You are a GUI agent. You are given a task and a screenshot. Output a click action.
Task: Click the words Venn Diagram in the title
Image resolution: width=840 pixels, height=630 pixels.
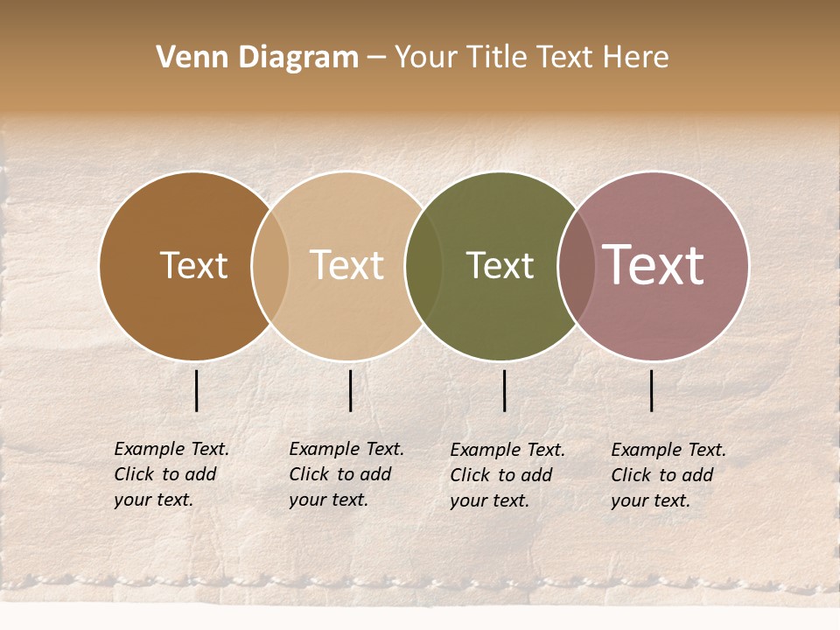coord(257,58)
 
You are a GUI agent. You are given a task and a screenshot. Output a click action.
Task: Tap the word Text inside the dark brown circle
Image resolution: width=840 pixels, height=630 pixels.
coord(193,265)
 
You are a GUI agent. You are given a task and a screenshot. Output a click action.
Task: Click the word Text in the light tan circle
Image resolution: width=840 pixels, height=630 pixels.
coord(346,265)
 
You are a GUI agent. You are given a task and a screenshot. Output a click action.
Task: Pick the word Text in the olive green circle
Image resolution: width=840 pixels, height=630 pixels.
coord(500,265)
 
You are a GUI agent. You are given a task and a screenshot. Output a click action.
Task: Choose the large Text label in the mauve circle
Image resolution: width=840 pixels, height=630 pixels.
coord(654,265)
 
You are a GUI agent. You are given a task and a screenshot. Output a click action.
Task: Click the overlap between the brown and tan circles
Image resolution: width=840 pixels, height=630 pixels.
coord(270,265)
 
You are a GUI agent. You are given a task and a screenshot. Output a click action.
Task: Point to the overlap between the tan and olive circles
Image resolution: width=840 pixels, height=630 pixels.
coord(423,265)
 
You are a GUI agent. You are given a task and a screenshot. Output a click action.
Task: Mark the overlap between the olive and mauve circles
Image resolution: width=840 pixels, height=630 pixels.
coord(577,265)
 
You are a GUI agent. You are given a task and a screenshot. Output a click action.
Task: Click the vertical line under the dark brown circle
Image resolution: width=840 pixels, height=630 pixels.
coord(197,390)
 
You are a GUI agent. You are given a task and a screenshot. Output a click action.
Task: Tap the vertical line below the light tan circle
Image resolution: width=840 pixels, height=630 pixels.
coord(350,390)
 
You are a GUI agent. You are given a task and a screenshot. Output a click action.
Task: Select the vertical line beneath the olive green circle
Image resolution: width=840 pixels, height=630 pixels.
coord(504,390)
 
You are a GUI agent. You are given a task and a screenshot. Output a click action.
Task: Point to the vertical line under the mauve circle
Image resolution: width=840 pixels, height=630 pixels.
coord(652,390)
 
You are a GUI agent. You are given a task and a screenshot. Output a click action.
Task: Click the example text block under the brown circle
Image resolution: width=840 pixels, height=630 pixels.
coord(171,474)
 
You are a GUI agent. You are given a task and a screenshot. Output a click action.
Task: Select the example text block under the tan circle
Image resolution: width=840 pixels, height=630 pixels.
coord(346,474)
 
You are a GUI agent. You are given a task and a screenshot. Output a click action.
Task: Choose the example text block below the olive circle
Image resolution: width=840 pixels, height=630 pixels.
coord(507,475)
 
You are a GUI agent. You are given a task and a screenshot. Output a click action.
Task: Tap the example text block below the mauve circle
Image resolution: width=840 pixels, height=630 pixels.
coord(668,475)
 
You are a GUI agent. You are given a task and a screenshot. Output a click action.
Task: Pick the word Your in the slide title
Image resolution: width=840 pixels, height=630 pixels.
coord(426,58)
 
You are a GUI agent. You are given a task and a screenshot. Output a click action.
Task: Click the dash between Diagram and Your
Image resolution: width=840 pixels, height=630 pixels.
coord(376,58)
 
